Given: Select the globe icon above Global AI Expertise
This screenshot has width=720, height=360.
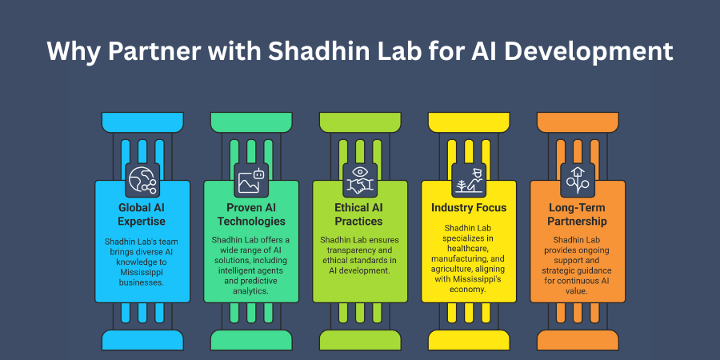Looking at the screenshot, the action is (x=143, y=179).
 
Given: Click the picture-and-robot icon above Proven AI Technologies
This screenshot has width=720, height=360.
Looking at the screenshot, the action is (x=251, y=179).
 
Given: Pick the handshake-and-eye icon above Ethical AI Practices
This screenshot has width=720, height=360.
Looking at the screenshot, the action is (x=359, y=179).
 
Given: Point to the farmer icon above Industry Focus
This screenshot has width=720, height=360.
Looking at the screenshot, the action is (x=468, y=179).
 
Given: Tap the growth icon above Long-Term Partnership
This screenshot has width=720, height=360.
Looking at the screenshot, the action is (x=577, y=179).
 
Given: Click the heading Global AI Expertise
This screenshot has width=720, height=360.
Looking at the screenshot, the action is (x=142, y=214).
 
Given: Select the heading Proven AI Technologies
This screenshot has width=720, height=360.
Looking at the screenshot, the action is (x=251, y=214).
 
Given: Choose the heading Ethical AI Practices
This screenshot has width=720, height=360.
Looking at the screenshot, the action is (x=360, y=214).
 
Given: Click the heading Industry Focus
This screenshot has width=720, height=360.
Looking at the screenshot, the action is (x=469, y=208).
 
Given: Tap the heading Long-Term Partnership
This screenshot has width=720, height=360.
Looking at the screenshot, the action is (x=578, y=214).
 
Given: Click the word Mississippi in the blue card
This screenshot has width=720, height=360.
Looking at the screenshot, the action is (x=142, y=271).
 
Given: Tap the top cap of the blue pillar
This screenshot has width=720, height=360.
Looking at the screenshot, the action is (x=142, y=122).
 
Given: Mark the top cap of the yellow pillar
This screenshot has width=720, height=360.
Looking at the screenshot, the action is (x=469, y=122).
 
